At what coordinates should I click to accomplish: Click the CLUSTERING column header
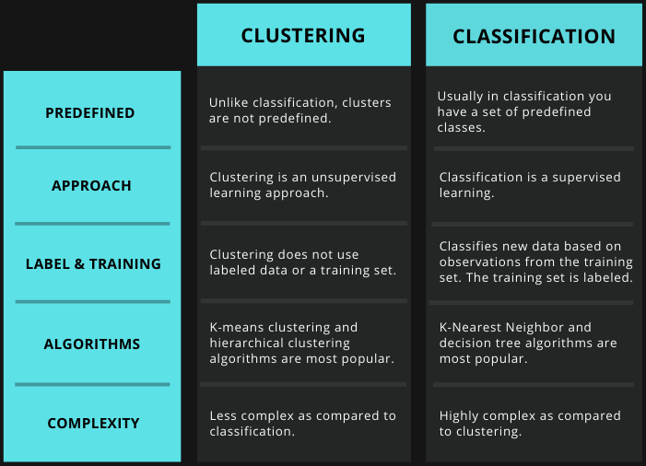tap(303, 35)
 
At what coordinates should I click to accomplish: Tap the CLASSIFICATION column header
tap(534, 37)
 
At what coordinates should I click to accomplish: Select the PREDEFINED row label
tap(89, 112)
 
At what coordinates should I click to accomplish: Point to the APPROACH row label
tap(91, 186)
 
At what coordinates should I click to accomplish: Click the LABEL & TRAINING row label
tap(93, 264)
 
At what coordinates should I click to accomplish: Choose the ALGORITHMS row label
tap(92, 344)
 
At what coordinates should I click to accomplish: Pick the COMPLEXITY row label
tap(93, 424)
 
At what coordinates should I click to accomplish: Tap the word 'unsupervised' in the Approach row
tap(354, 178)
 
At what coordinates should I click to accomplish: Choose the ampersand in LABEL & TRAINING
tap(79, 264)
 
